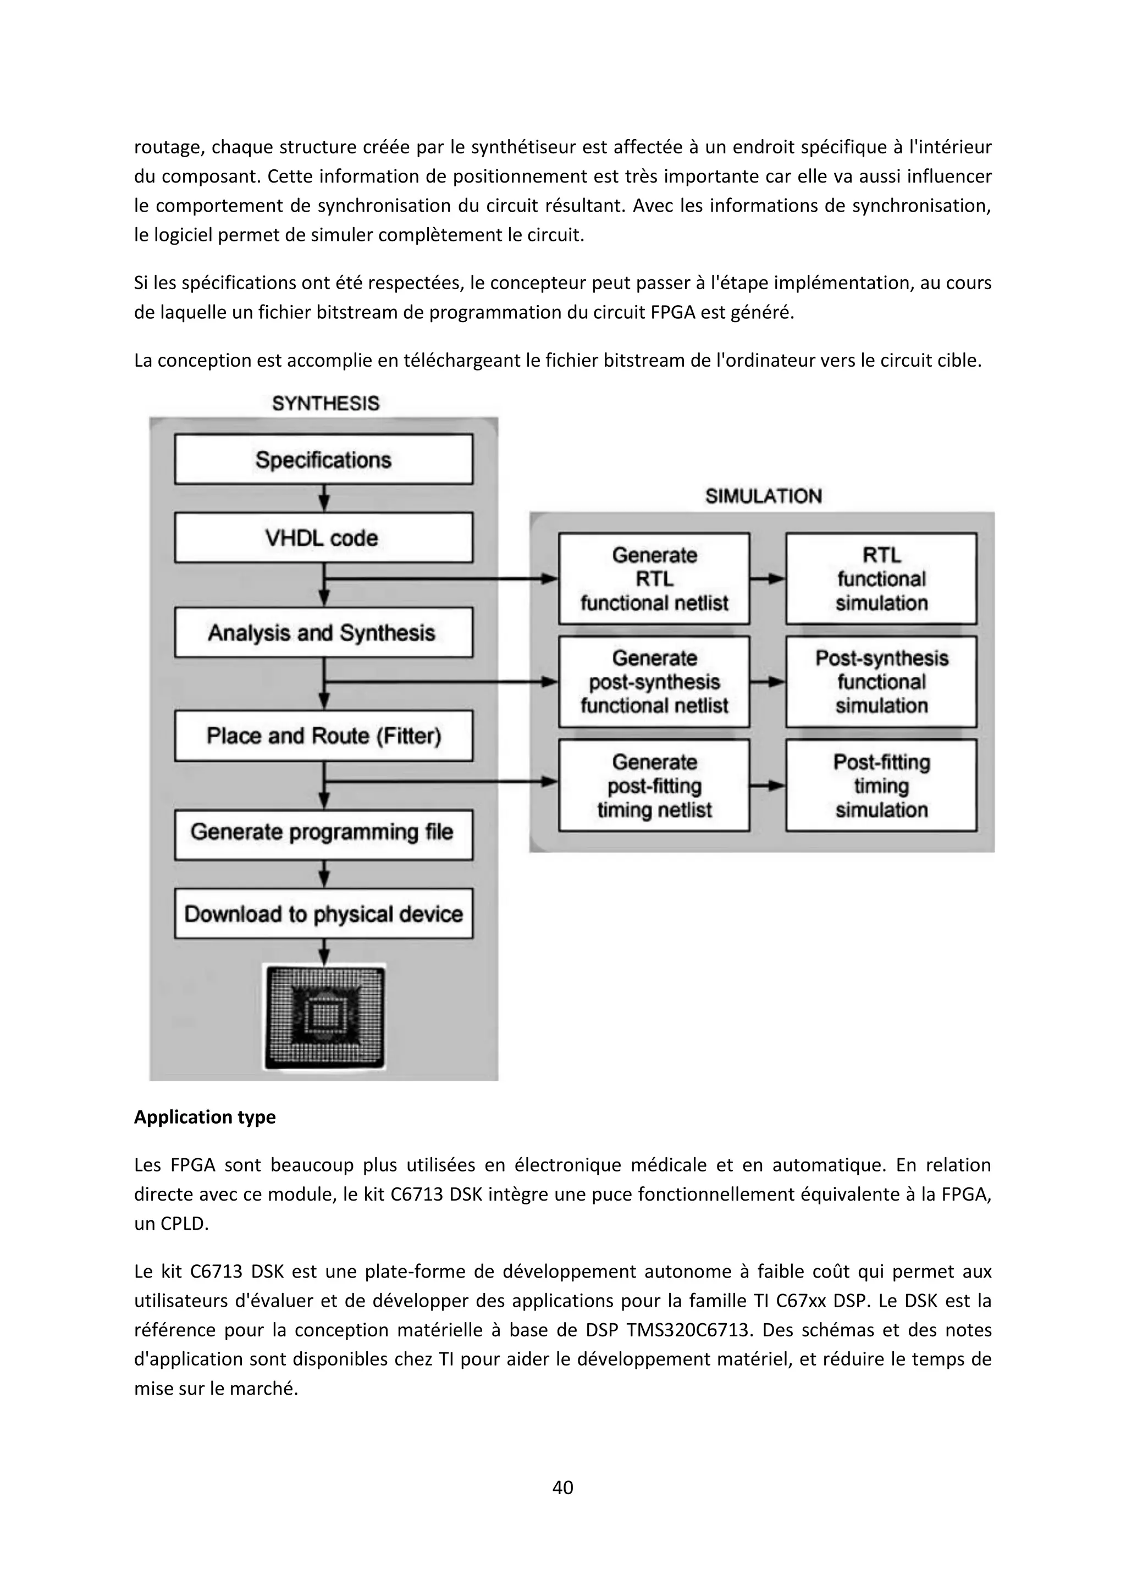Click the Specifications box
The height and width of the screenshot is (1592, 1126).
[323, 460]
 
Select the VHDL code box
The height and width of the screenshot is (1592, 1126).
[323, 538]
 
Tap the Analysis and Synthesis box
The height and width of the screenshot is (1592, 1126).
[323, 632]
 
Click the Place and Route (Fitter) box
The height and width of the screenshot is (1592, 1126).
[323, 736]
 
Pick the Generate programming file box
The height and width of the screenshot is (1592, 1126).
[323, 832]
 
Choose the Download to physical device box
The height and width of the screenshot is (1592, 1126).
[323, 914]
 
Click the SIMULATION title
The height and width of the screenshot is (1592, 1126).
[763, 496]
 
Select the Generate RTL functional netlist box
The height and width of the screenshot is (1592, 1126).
[654, 579]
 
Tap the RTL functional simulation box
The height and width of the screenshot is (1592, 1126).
[881, 579]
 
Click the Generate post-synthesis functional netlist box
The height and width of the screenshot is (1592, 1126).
[654, 682]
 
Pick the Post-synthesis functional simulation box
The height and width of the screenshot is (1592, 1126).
[881, 682]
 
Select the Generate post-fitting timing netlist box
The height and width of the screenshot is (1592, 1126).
[654, 786]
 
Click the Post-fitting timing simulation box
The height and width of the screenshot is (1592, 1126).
[881, 786]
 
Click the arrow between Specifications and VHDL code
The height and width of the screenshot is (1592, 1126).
[324, 499]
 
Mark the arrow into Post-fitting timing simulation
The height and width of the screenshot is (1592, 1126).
[768, 786]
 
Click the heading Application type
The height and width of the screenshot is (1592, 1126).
[205, 1117]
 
